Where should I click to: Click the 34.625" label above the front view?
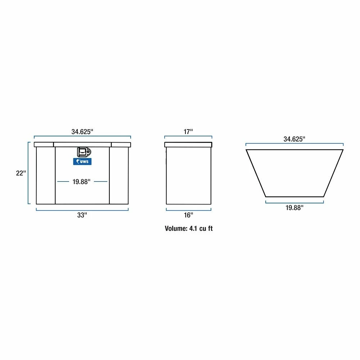click(82, 131)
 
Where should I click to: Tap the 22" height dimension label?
click(21, 173)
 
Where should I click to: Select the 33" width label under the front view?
click(82, 215)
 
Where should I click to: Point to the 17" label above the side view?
click(188, 131)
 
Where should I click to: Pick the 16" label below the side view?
click(188, 215)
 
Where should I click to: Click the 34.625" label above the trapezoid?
click(294, 139)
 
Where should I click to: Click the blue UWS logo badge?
click(82, 162)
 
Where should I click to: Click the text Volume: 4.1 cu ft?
click(189, 229)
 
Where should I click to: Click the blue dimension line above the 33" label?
click(82, 210)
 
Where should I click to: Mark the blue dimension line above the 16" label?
click(188, 210)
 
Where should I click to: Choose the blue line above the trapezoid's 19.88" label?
click(294, 202)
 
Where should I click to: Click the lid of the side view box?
click(188, 145)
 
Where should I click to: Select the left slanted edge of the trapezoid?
click(256, 173)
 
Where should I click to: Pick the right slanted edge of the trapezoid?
click(333, 173)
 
